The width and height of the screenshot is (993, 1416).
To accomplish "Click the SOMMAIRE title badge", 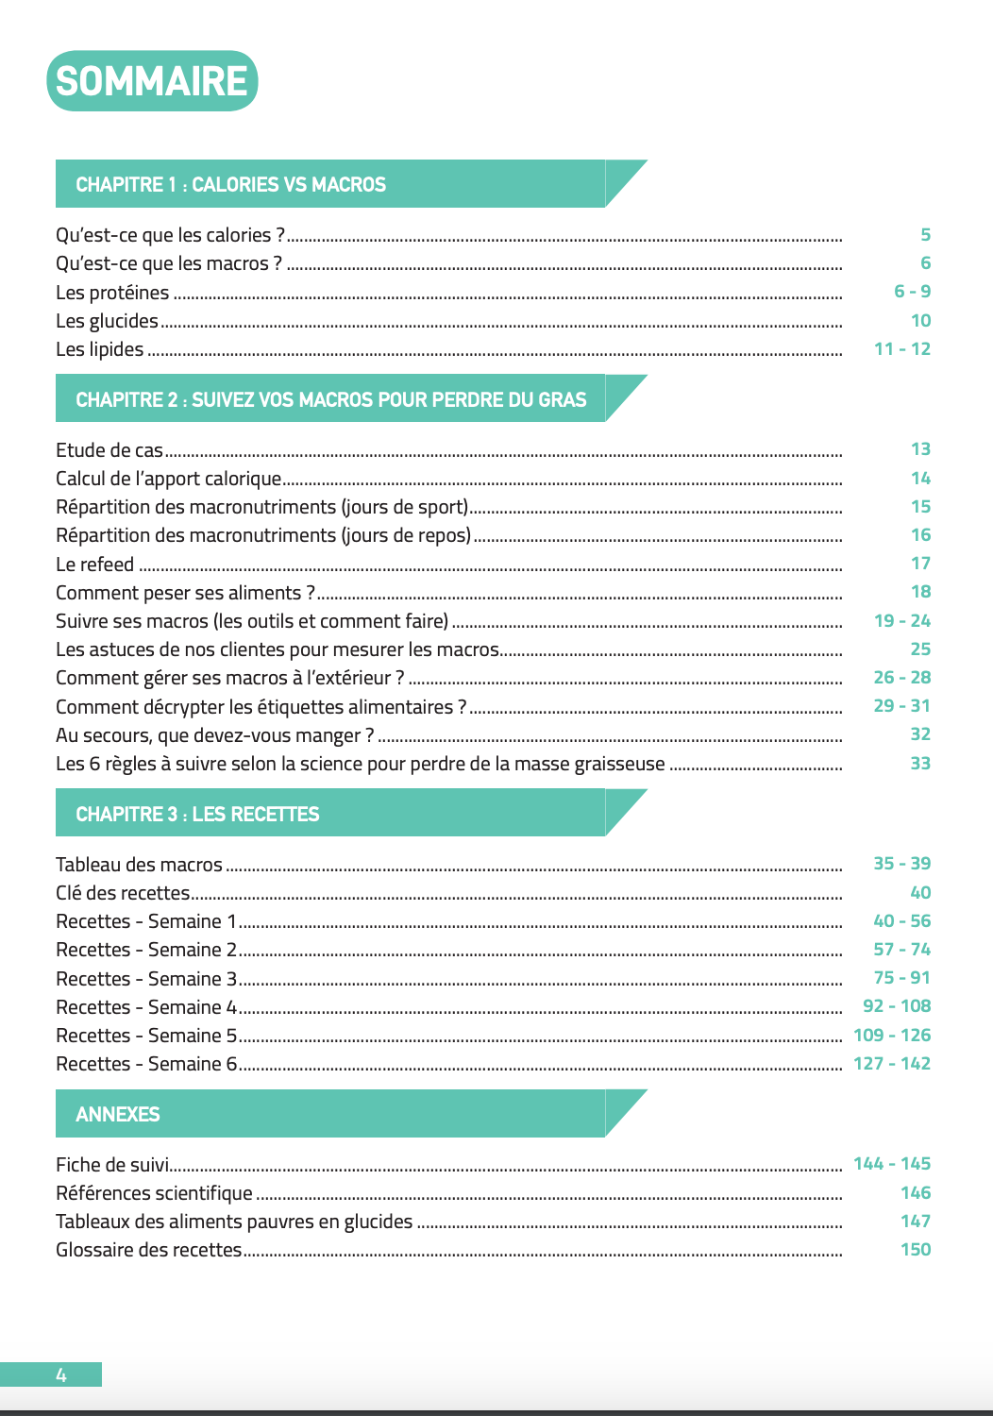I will coord(152,81).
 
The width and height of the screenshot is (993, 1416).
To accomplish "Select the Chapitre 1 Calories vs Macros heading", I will coord(231,185).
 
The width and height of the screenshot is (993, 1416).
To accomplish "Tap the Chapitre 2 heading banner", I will coord(330,399).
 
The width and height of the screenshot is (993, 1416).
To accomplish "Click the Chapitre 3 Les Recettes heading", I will coord(197,814).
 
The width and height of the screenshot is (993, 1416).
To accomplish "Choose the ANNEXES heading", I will coord(118,1114).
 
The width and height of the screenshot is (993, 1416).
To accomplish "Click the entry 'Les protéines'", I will coord(112,293).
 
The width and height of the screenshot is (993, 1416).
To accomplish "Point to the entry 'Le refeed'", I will coord(95,565).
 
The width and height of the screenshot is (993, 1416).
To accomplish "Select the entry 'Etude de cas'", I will coord(109,450).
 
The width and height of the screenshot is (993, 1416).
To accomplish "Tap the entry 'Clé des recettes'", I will coord(123,893).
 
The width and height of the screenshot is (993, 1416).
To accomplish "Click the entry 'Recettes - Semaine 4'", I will coord(146,1007).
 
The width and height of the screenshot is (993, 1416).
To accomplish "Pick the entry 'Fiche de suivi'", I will coord(112,1165).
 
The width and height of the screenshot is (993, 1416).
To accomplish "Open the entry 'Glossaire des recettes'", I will coord(149,1250).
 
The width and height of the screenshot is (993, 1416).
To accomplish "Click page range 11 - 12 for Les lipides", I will coord(902,349).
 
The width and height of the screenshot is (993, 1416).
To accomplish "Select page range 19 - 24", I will coord(902,621).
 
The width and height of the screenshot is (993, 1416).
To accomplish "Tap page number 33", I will coord(920,764).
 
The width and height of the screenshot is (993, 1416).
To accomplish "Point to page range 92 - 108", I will coord(897,1006).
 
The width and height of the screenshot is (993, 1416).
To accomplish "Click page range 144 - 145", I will coord(892,1164).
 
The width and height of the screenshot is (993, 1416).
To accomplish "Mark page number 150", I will coord(916,1250).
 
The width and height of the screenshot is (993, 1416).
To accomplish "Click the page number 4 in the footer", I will coord(61,1375).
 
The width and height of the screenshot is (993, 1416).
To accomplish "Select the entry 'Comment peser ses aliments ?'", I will coord(185,593).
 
